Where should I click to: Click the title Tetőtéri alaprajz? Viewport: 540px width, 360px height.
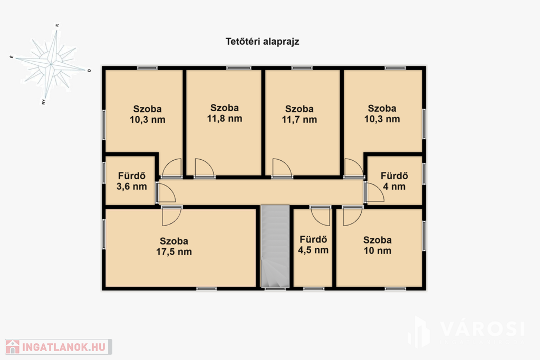point(262,42)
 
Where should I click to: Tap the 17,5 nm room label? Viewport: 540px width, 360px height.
point(174,247)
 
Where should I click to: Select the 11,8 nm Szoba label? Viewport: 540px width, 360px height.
point(225,113)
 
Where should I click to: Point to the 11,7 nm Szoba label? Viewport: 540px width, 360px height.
point(300,114)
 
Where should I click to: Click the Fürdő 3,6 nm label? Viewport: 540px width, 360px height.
point(131,181)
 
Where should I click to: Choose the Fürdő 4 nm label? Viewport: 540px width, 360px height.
point(394,181)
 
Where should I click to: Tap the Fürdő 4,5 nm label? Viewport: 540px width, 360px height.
point(313,245)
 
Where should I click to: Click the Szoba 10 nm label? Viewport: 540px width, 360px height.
point(378,245)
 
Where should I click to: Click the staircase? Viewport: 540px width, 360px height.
point(275,247)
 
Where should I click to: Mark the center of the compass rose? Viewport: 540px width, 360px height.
point(51,64)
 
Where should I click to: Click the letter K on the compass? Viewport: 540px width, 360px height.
point(57,25)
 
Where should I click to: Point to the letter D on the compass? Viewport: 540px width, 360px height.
point(89,71)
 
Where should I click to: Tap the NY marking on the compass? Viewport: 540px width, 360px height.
point(43,102)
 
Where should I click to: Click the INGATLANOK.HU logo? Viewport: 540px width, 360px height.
point(59,347)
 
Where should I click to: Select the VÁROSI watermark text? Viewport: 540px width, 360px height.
point(482,329)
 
